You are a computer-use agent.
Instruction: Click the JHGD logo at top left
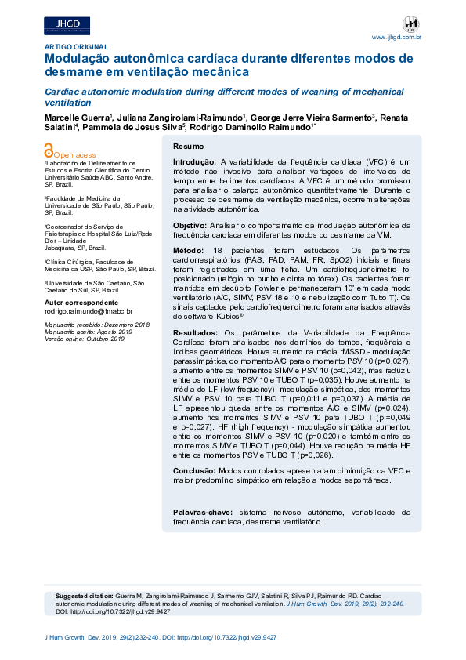[x=67, y=27]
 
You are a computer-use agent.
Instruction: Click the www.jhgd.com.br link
[x=396, y=37]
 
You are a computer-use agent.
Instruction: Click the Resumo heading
[x=188, y=147]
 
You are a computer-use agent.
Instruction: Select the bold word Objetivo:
[x=190, y=225]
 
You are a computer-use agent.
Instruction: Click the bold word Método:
[x=188, y=249]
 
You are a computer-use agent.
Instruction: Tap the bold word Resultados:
[x=193, y=333]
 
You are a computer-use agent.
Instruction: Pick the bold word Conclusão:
[x=193, y=470]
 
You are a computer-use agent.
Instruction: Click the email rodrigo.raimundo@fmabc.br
[x=89, y=311]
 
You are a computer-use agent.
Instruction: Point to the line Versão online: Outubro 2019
[x=85, y=339]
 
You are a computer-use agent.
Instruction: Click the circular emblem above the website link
[x=410, y=24]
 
